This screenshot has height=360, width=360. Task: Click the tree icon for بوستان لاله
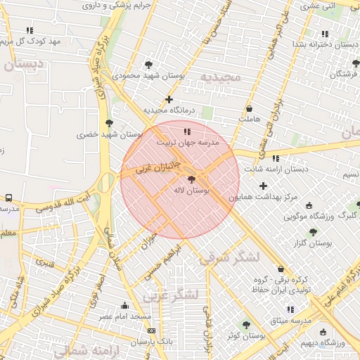[193, 180]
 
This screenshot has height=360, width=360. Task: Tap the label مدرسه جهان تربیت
[188, 142]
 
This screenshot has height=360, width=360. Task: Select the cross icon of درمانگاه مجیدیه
[169, 99]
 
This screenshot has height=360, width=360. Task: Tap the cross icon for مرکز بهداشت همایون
[263, 186]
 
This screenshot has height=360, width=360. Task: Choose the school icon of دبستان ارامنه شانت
[275, 158]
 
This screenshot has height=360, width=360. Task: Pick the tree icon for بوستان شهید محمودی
[148, 64]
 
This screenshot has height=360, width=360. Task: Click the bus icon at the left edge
[9, 198]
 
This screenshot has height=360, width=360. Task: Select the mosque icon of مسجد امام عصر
[125, 305]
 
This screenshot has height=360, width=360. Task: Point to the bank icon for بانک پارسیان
[153, 330]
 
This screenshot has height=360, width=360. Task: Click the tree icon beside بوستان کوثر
[245, 325]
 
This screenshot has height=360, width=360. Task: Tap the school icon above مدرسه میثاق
[290, 309]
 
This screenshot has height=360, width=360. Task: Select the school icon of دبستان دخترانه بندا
[324, 34]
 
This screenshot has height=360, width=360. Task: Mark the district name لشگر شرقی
[229, 258]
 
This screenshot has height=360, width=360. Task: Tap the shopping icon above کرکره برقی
[281, 269]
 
